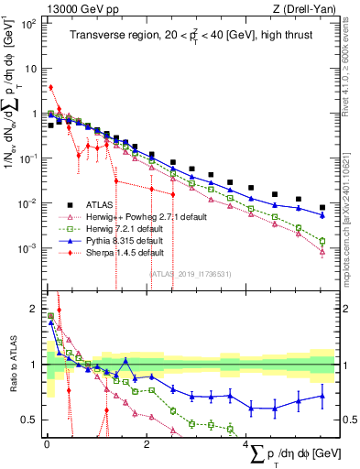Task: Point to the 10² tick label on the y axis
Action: (27, 23)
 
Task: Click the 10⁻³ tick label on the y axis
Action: (27, 248)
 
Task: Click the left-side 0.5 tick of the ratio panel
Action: (28, 420)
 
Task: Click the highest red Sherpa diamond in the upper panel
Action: (50, 88)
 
